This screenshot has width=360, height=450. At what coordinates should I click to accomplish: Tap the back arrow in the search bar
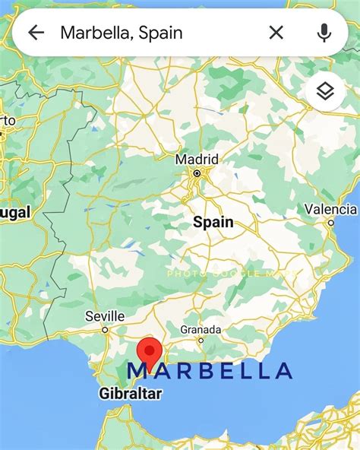point(36,33)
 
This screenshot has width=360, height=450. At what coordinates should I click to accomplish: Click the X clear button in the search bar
point(276,33)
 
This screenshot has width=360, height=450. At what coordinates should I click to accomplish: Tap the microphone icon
point(324,33)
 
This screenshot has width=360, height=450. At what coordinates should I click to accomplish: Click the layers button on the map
point(325,92)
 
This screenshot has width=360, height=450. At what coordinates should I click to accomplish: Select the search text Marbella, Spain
point(122,33)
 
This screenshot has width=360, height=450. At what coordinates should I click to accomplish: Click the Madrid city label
point(197,160)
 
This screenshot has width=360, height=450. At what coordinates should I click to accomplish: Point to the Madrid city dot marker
point(197,173)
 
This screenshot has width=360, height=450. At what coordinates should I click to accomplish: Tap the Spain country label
point(213,223)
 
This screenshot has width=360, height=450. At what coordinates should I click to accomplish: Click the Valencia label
point(331,209)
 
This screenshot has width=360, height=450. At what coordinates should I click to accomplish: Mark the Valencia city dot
point(331,223)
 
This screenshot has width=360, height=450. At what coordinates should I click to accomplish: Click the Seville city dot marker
point(106,330)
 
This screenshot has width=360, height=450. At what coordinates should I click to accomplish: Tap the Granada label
point(201,330)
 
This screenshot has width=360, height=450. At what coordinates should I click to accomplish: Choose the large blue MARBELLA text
point(210,371)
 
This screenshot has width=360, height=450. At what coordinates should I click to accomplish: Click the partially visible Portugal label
point(15,214)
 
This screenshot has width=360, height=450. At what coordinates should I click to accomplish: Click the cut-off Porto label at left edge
point(7,121)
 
